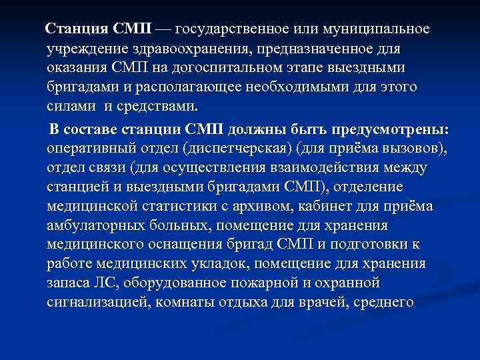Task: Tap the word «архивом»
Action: [261, 205]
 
